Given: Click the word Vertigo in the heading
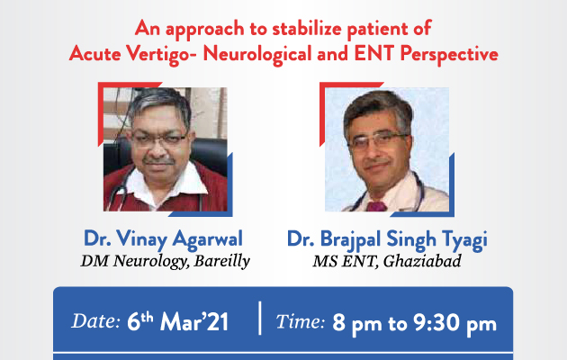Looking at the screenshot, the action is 161,55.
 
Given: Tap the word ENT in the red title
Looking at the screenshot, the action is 374,53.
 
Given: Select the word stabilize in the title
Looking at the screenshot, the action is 306,29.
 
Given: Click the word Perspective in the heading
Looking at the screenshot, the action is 449,55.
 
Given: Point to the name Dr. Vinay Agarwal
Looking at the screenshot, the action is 163,239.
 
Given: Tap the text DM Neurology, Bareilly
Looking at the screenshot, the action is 165,261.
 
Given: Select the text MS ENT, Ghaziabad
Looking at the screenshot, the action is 387,261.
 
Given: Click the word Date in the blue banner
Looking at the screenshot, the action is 95,321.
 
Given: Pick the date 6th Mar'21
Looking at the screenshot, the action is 177,321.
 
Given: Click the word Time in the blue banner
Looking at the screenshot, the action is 300,321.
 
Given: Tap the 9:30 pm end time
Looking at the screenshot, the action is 454,323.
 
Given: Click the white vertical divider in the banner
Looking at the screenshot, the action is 260,318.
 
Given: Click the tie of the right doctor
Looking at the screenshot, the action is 376,206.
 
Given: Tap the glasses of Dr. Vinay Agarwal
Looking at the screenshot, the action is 159,139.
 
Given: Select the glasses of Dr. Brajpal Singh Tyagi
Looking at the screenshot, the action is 378,141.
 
